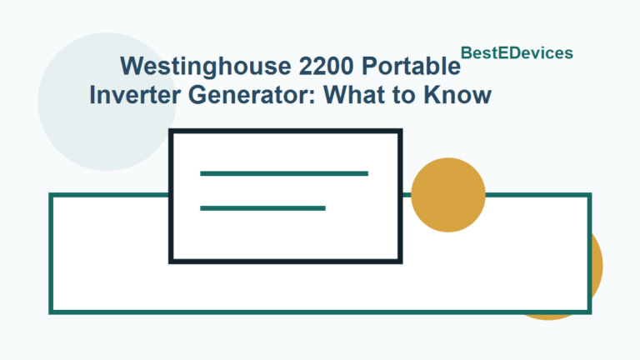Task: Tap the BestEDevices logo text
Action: pyautogui.click(x=517, y=52)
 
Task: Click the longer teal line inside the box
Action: pyautogui.click(x=284, y=173)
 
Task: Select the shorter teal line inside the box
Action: pyautogui.click(x=262, y=207)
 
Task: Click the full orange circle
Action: pyautogui.click(x=448, y=194)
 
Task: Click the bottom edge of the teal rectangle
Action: pyautogui.click(x=320, y=312)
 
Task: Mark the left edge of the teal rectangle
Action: pyautogui.click(x=52, y=253)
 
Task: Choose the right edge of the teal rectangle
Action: pyautogui.click(x=588, y=253)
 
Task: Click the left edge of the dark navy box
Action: pyautogui.click(x=172, y=197)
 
